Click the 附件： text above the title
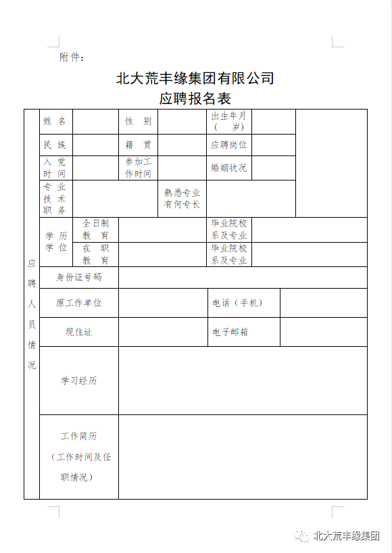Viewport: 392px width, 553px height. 72,57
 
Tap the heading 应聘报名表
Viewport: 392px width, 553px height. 195,98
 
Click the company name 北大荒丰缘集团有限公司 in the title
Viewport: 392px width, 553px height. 195,78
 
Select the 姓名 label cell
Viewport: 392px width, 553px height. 55,121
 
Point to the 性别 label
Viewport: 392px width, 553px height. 138,121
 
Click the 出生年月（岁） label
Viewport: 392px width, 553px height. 229,121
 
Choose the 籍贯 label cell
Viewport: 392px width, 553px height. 138,145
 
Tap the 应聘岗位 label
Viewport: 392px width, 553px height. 229,145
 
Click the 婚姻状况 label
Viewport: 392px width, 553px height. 229,168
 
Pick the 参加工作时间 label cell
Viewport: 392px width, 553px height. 138,168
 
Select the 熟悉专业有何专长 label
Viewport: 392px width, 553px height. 182,199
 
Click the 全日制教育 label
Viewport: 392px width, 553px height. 95,229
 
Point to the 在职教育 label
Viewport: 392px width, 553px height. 95,254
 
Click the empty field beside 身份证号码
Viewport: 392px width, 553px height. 243,277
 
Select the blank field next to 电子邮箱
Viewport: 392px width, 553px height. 323,332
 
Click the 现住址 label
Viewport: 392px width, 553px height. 78,332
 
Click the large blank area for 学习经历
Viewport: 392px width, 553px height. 243,381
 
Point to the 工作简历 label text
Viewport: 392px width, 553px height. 79,437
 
